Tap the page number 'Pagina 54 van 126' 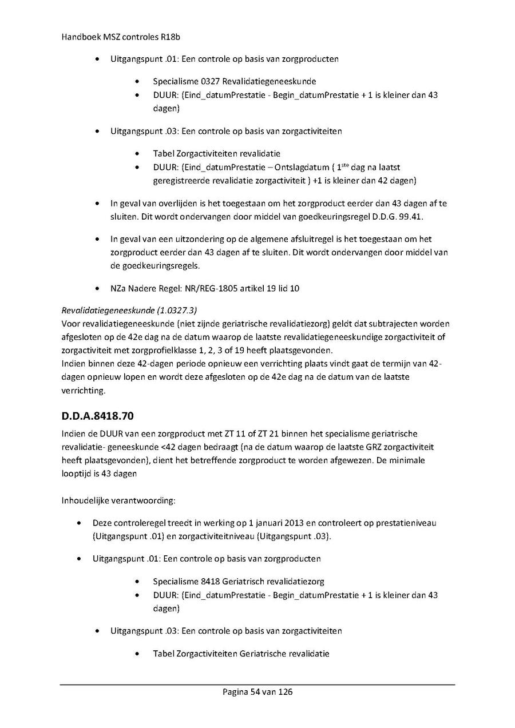point(257,692)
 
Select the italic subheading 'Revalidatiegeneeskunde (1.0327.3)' point(129,310)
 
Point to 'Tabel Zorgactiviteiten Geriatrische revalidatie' point(241,654)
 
